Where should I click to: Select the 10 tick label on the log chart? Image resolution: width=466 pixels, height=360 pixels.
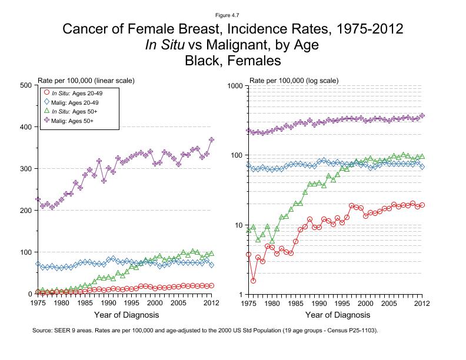point(238,225)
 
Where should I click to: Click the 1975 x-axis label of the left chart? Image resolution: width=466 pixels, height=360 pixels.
point(38,304)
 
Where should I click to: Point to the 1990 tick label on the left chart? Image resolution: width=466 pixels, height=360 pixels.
point(108,304)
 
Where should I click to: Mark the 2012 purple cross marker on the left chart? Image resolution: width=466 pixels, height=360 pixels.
point(212,139)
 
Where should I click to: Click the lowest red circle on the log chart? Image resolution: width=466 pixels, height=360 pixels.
point(253,281)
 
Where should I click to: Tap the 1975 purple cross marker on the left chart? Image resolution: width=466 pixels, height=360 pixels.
point(38,199)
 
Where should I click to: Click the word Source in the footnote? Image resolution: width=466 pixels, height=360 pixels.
point(44,331)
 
